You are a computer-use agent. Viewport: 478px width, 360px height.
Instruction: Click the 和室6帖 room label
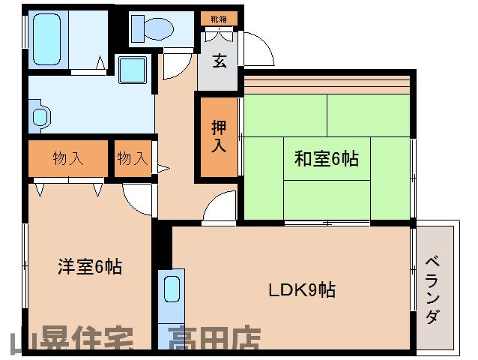pos(326,159)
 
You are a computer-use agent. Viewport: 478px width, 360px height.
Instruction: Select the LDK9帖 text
pos(303,289)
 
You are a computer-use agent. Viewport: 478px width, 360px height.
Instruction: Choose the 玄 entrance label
pos(219,62)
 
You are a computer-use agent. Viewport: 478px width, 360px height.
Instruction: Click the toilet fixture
pos(151,28)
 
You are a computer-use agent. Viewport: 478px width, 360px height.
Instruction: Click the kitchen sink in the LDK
pos(172,289)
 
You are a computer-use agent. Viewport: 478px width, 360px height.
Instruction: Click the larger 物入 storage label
pos(67,158)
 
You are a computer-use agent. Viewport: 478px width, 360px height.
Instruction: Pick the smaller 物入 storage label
pos(133,158)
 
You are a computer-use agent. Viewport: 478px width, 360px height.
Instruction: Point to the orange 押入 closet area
pos(218,136)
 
